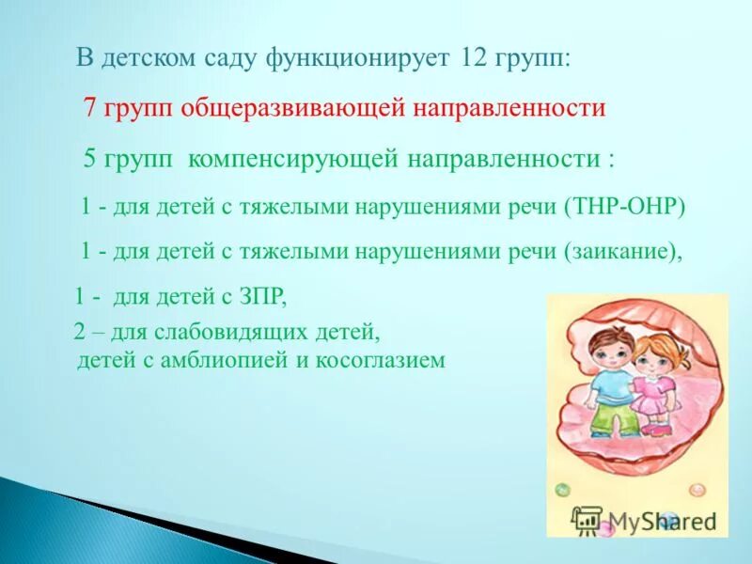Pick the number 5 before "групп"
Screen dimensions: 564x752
pos(91,158)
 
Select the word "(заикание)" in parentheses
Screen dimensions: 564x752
pos(620,251)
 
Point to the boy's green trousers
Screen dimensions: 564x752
pos(605,419)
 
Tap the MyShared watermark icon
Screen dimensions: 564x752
pos(587,520)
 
